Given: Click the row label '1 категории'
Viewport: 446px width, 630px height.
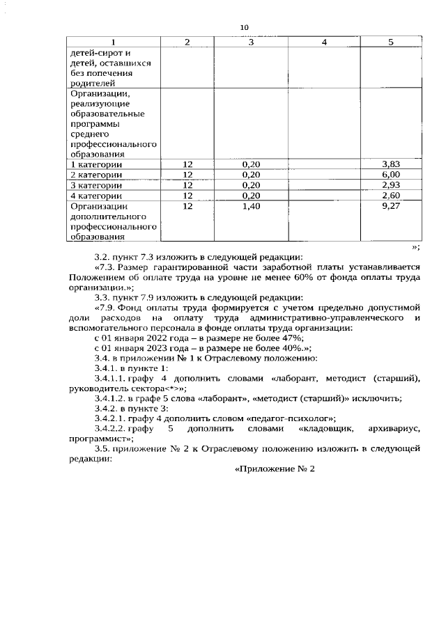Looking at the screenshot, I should coord(95,164).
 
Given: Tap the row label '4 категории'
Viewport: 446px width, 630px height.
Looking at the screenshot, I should coord(95,196).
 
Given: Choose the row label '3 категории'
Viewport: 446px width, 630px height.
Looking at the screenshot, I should coord(95,185).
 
